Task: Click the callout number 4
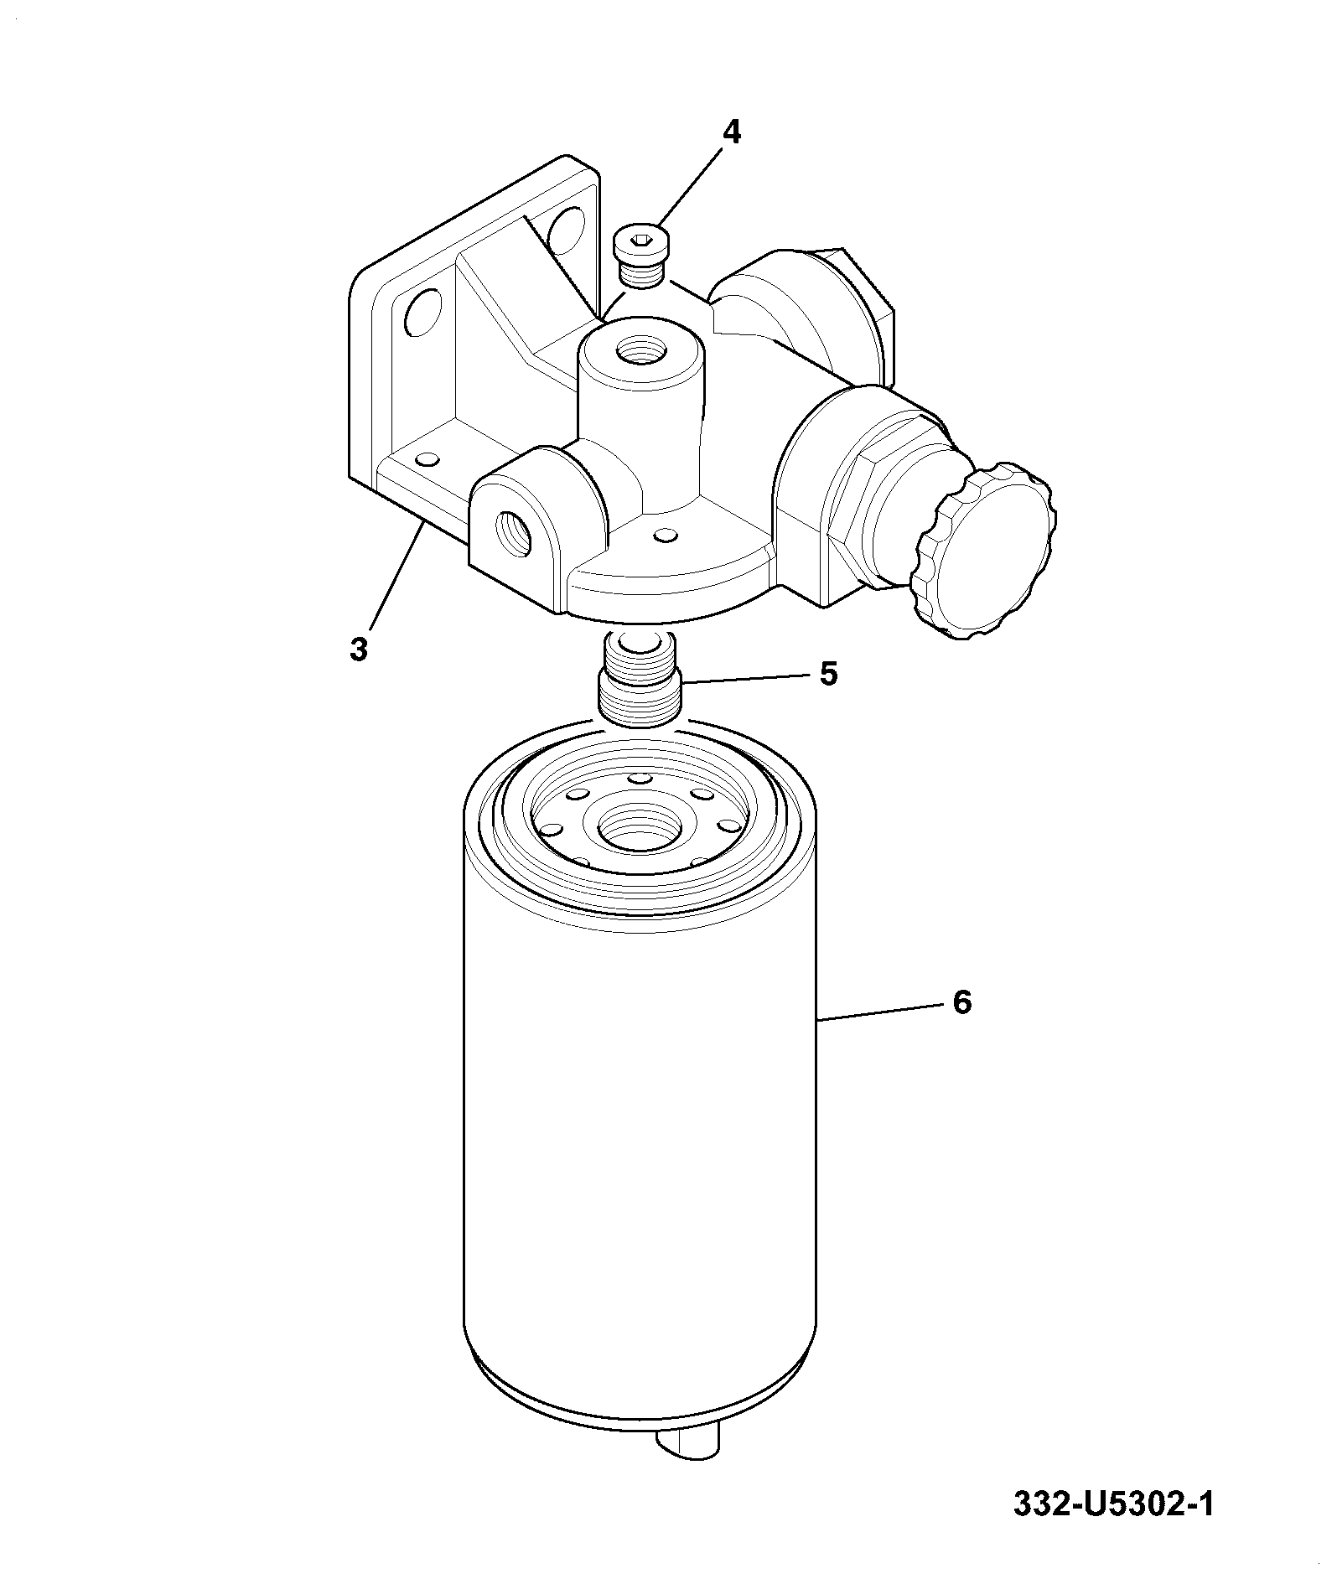(x=732, y=132)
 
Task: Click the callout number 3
(x=359, y=649)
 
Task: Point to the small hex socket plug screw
(x=640, y=257)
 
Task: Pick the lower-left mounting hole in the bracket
(x=421, y=312)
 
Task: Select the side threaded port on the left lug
(x=514, y=532)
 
